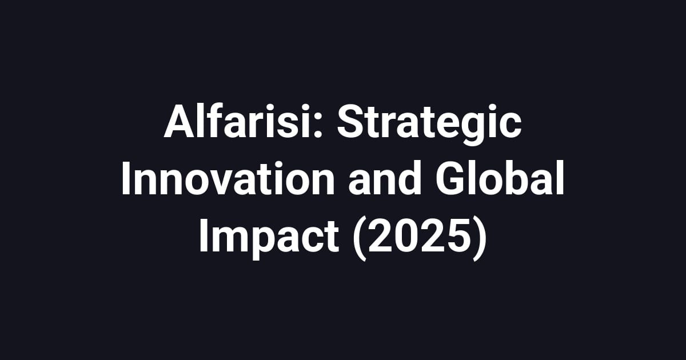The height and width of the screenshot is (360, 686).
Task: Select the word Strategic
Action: (429, 123)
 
